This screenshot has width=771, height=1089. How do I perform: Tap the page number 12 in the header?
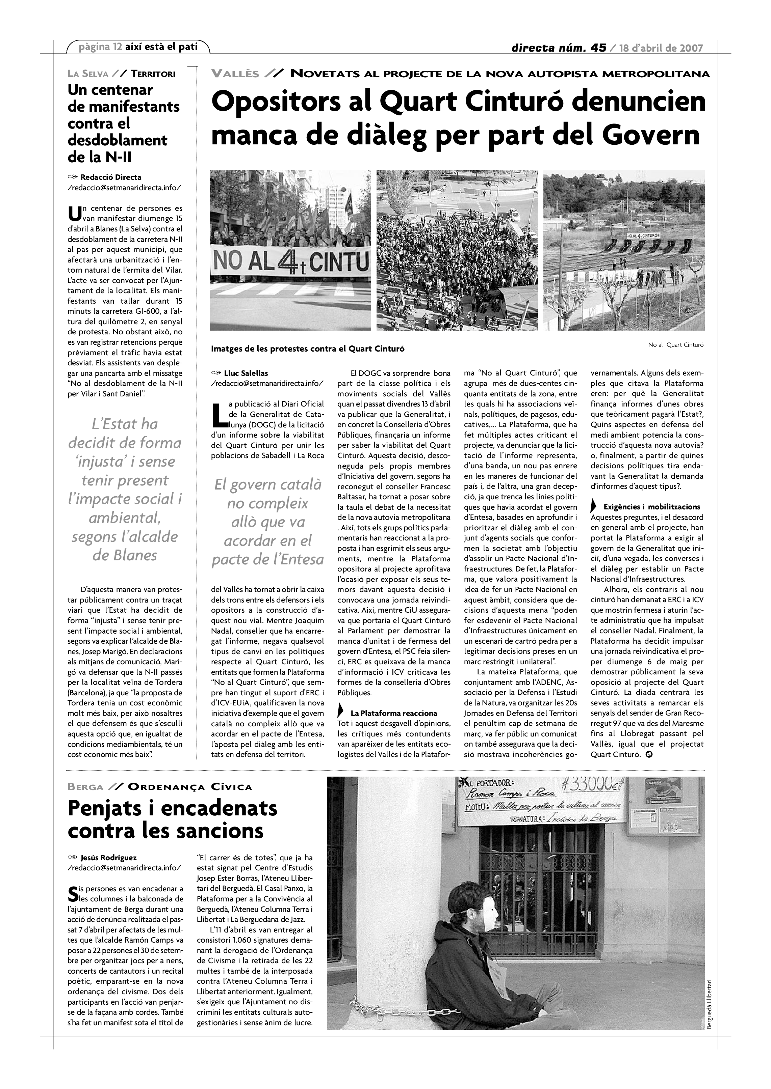click(118, 47)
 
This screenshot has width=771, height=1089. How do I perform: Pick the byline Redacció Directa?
click(111, 177)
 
